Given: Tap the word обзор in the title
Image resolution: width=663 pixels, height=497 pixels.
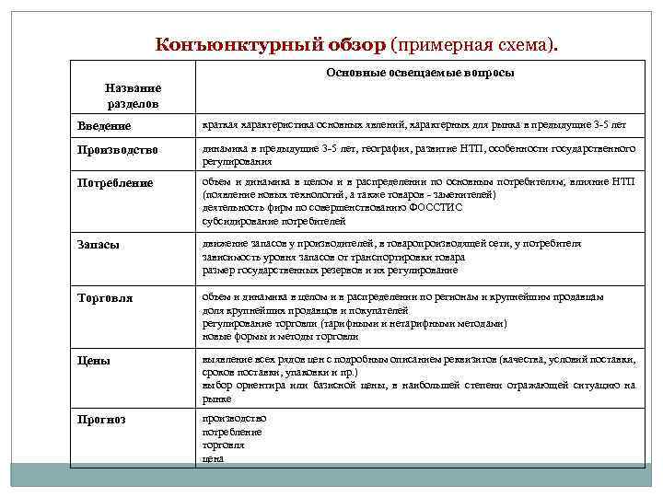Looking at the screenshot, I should (355, 44).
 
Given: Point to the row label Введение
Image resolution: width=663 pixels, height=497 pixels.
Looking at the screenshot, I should (104, 125).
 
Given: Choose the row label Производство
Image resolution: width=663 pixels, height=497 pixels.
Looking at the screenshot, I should (117, 150).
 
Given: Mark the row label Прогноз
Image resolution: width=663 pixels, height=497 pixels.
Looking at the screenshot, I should (101, 420).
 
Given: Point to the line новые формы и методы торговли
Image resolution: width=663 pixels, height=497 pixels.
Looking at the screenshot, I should (281, 337).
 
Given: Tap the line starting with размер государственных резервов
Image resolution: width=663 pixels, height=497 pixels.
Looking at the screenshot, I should (330, 271).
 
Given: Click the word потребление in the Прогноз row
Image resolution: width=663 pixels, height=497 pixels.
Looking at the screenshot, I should (232, 432).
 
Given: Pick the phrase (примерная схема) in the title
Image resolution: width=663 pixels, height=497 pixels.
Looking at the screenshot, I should (474, 44).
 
